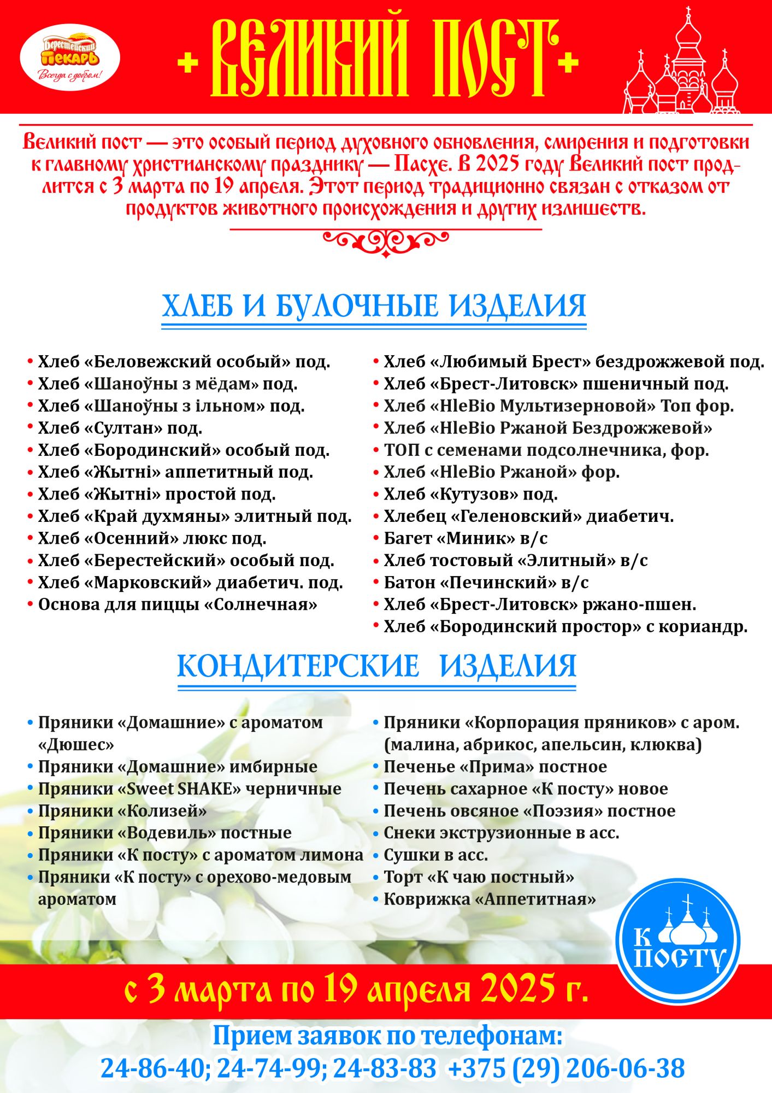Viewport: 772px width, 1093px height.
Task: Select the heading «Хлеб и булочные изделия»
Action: [x=374, y=306]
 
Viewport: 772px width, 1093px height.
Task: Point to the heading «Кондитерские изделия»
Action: [x=377, y=666]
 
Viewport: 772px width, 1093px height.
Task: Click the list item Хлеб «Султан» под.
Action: [x=120, y=428]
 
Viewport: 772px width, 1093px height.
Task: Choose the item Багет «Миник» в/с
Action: [x=465, y=539]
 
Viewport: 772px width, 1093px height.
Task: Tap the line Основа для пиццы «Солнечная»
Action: [x=178, y=605]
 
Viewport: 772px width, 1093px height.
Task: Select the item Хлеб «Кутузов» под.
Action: [x=470, y=495]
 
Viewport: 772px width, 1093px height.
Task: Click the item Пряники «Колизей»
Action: [x=122, y=811]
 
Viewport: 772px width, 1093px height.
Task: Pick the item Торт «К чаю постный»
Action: [x=479, y=877]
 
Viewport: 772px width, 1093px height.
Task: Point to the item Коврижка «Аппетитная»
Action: [x=490, y=899]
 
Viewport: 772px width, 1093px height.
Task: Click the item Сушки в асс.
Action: [x=435, y=855]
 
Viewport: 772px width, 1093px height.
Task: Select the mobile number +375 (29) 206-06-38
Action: [x=566, y=1069]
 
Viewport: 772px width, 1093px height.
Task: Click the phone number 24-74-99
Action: [x=269, y=1069]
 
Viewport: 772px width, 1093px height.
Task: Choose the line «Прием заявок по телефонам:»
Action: [x=387, y=1036]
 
